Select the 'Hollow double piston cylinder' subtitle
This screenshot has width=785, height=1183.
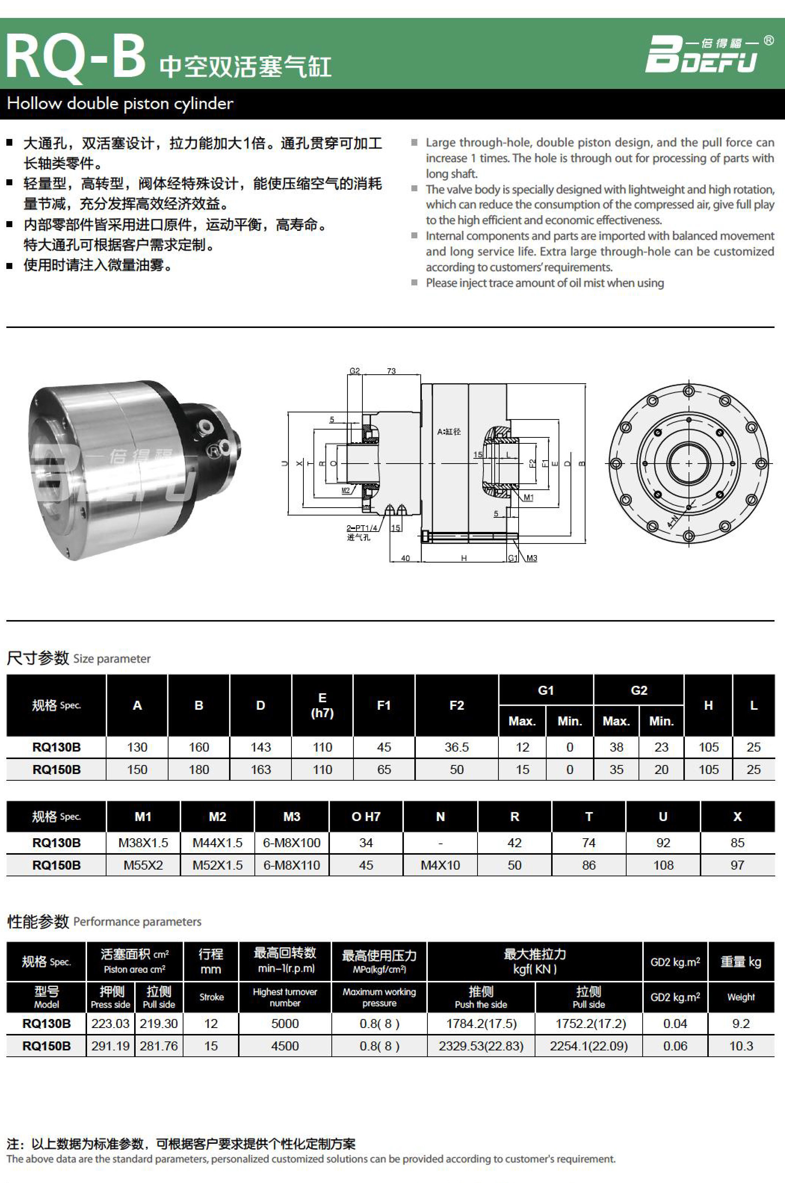coord(120,103)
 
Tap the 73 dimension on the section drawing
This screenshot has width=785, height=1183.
coord(391,371)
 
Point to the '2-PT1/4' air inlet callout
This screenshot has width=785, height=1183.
coord(361,528)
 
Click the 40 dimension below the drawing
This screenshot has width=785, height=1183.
coord(405,558)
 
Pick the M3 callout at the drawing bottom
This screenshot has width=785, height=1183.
coord(532,558)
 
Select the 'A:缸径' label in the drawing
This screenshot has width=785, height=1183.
coord(449,431)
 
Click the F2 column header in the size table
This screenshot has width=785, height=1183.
coord(456,705)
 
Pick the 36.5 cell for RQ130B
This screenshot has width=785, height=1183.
coord(456,747)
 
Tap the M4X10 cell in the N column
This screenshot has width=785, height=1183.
coord(440,865)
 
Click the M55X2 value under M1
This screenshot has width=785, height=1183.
coord(143,865)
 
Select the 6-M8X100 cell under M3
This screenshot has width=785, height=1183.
coord(291,843)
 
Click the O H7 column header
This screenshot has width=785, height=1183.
coord(365,817)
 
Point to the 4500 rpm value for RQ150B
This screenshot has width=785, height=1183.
coord(285,1046)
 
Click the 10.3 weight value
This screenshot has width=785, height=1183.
coord(741,1046)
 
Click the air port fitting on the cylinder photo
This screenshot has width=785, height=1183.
coord(205,427)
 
